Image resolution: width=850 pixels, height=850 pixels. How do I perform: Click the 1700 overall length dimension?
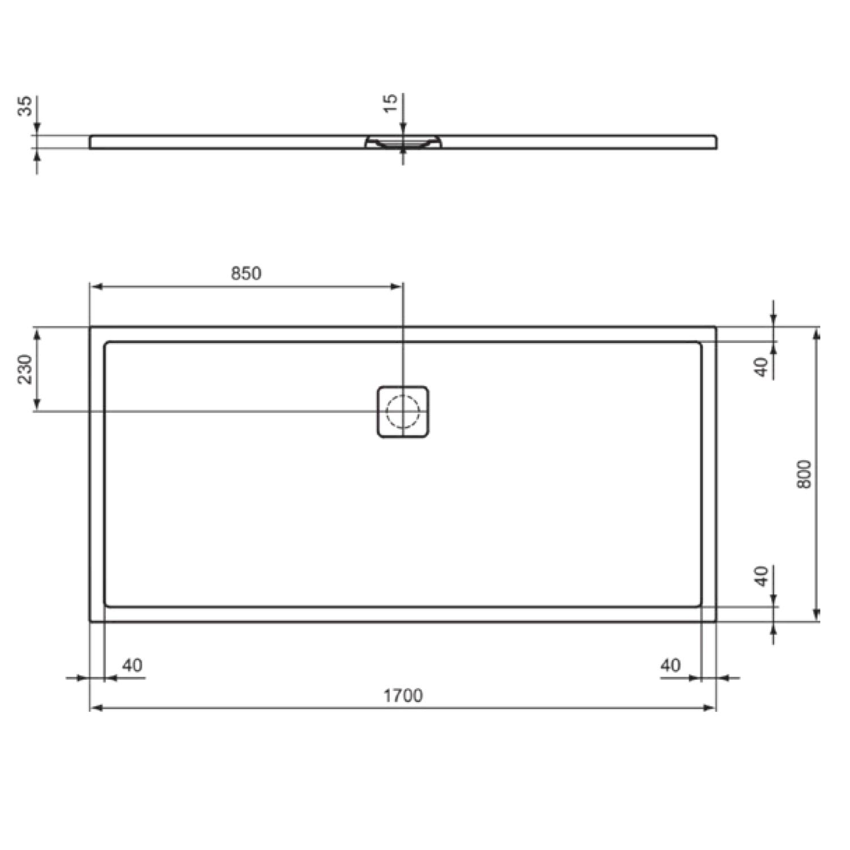(x=403, y=695)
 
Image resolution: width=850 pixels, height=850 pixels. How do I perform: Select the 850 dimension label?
(x=246, y=273)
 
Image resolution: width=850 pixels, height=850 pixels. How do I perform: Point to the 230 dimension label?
(x=25, y=369)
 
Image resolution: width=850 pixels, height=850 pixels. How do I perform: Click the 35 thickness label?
(x=25, y=106)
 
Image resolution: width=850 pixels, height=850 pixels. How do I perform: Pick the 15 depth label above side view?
(x=390, y=103)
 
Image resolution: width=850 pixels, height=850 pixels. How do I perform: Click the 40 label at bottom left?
(x=132, y=665)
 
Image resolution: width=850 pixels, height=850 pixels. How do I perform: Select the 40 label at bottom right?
(x=670, y=665)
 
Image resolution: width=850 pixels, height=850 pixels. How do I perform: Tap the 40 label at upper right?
(x=763, y=367)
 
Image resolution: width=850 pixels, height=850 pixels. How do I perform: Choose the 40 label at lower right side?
(x=763, y=576)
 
